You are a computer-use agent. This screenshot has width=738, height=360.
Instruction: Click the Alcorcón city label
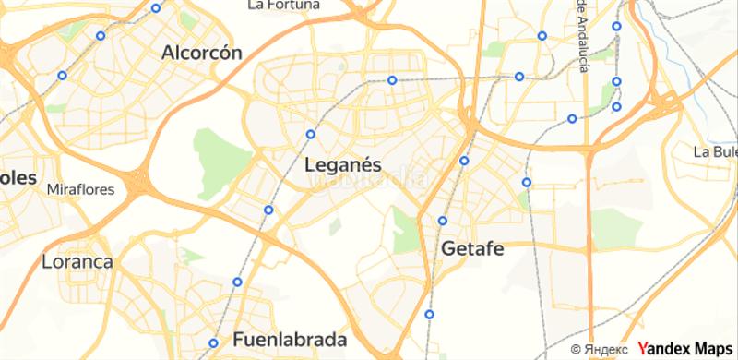pyautogui.click(x=202, y=53)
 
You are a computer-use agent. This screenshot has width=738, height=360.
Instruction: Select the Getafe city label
pyautogui.click(x=476, y=248)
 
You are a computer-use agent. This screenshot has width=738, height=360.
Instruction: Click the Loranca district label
pyautogui.click(x=77, y=262)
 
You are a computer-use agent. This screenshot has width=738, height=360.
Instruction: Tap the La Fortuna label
pyautogui.click(x=284, y=6)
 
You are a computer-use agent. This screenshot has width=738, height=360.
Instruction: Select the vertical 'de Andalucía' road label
pyautogui.click(x=581, y=28)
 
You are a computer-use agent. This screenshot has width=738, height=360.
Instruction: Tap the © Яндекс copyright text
pyautogui.click(x=601, y=349)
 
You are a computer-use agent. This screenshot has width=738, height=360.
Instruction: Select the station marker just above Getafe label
pyautogui.click(x=443, y=221)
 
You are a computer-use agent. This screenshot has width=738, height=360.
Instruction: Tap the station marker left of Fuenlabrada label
pyautogui.click(x=213, y=342)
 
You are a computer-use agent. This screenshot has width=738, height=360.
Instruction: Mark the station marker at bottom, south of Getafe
pyautogui.click(x=430, y=316)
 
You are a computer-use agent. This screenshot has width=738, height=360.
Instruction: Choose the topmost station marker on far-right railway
pyautogui.click(x=616, y=26)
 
